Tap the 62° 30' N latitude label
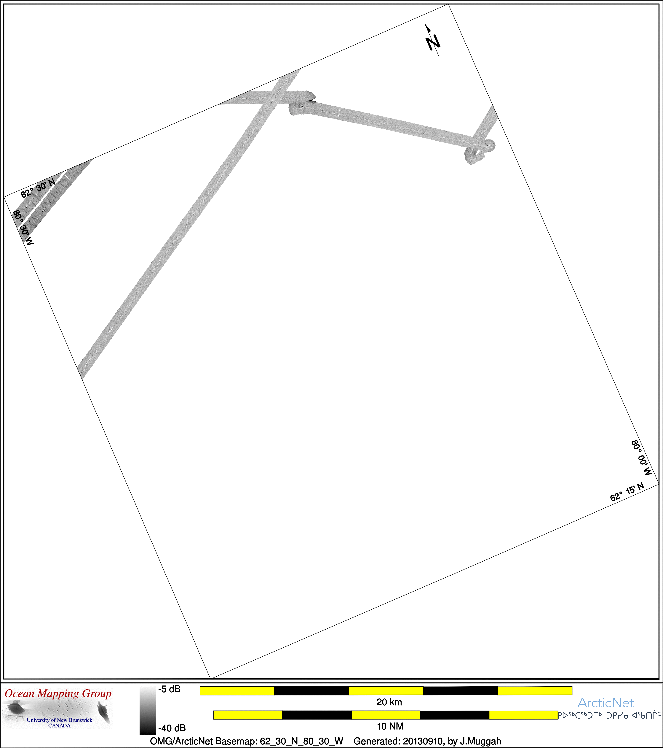(x=38, y=188)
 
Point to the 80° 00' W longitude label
(x=642, y=458)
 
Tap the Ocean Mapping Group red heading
(x=58, y=693)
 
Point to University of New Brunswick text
(x=60, y=720)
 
